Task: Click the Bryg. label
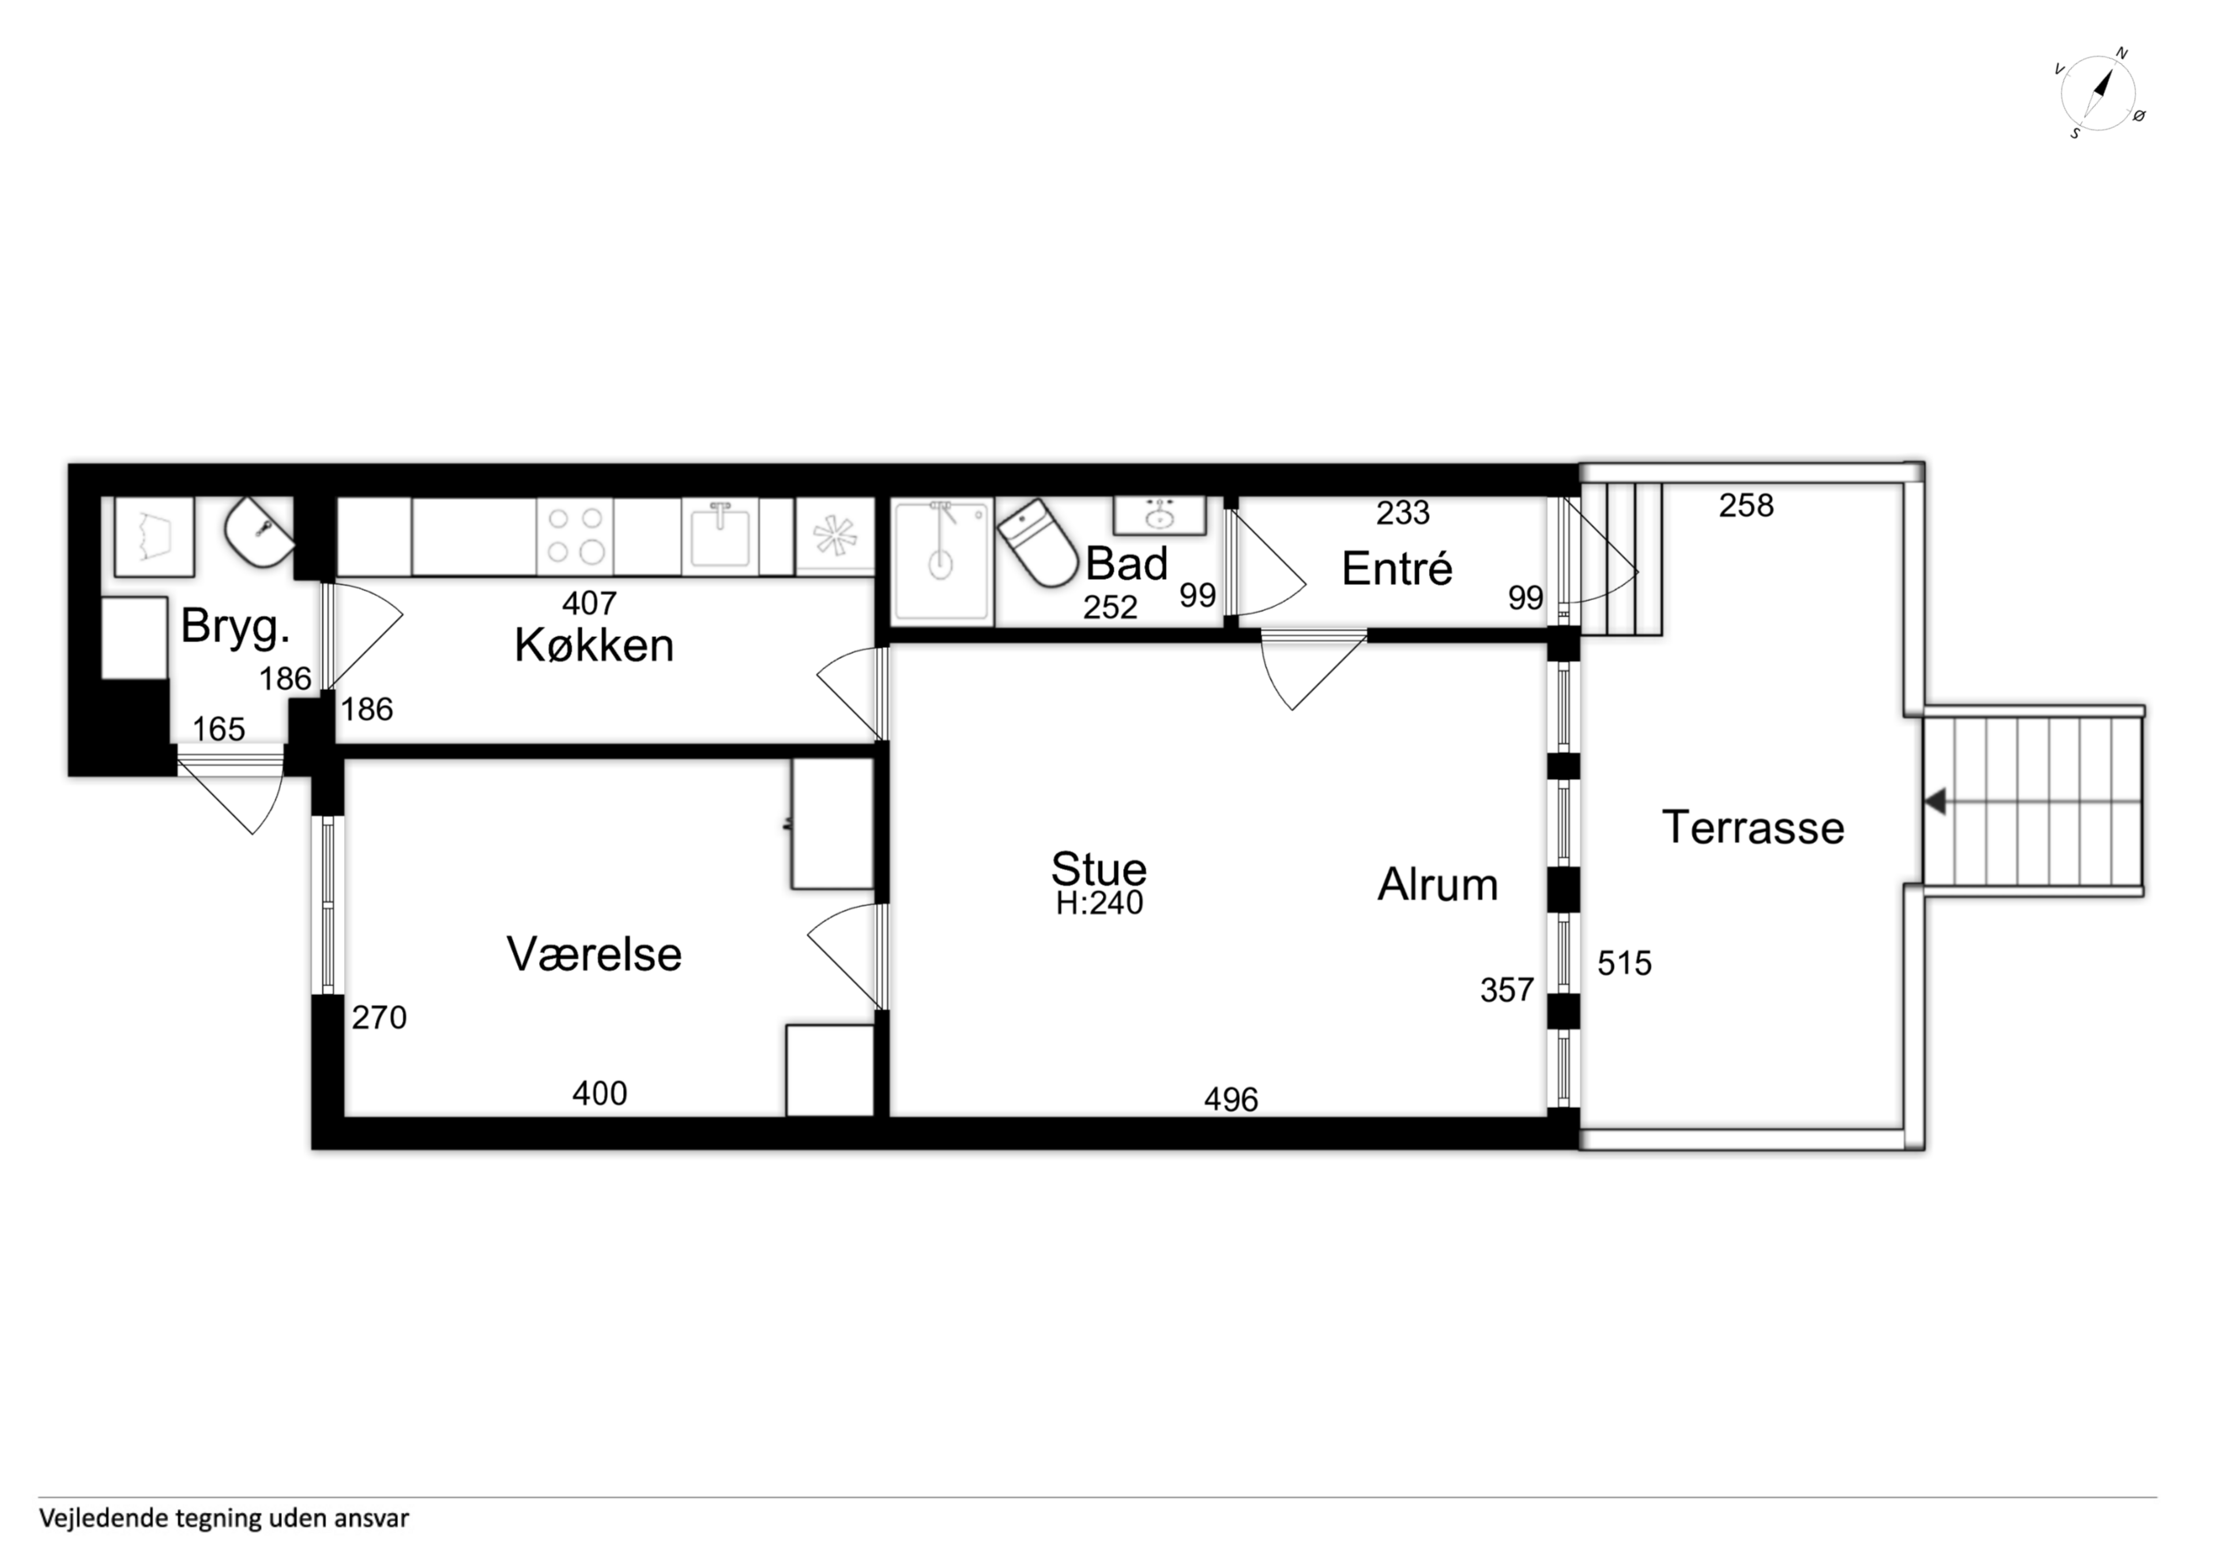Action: click(235, 627)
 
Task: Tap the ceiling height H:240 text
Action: click(1100, 903)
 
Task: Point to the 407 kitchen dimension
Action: click(589, 603)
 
